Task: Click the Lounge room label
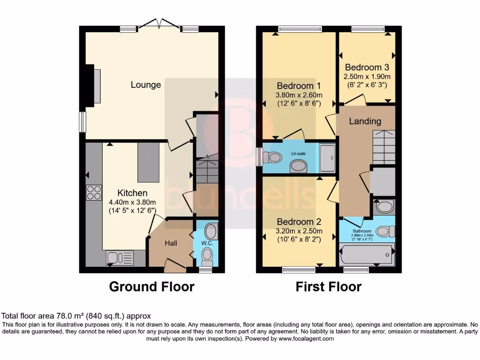[146, 85]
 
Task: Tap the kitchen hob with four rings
[94, 193]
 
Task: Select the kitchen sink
[120, 257]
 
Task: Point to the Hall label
[170, 243]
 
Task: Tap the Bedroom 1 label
[299, 86]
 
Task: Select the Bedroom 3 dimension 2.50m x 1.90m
[367, 76]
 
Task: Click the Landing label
[365, 121]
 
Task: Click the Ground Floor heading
[151, 286]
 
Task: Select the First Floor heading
[328, 286]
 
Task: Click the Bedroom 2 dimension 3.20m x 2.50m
[299, 231]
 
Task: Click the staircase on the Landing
[384, 147]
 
